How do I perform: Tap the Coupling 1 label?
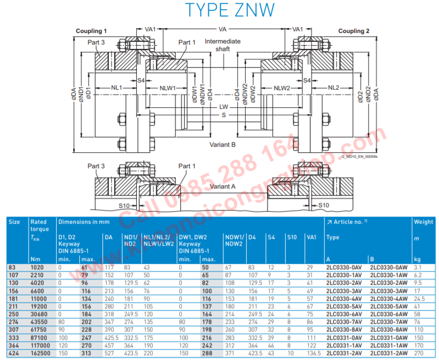tap(91, 31)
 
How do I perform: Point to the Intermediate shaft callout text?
tap(223, 45)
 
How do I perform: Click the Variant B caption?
tap(223, 145)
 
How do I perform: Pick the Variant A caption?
tap(223, 186)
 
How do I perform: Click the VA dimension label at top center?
tap(223, 29)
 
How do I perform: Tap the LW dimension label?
tap(223, 107)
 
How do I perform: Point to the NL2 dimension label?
tap(334, 88)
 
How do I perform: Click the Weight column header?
tap(423, 222)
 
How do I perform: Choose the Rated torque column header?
tap(39, 225)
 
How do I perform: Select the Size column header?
tap(14, 222)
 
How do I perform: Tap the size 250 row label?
tap(13, 314)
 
